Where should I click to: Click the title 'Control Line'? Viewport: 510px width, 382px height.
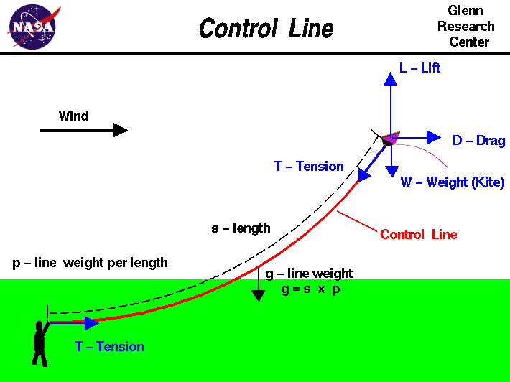tap(266, 29)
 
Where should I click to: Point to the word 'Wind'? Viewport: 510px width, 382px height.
tap(74, 116)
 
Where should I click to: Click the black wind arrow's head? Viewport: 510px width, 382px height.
tap(121, 130)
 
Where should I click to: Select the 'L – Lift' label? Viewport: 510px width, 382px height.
tap(419, 68)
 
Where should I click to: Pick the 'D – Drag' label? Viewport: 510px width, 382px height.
tap(478, 141)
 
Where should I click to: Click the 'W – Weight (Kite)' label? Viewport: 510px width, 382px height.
tap(453, 182)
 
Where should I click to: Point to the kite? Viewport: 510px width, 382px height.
tap(389, 138)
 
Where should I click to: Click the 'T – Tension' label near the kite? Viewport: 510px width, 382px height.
tap(309, 167)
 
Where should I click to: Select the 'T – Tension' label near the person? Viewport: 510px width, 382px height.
tap(109, 347)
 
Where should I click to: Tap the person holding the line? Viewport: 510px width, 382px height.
tap(40, 342)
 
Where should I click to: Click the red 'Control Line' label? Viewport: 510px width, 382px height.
tap(418, 235)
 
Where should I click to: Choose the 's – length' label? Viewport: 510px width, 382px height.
tap(241, 228)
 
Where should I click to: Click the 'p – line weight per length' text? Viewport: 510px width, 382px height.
tap(90, 263)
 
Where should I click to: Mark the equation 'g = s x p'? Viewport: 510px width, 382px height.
tap(310, 290)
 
